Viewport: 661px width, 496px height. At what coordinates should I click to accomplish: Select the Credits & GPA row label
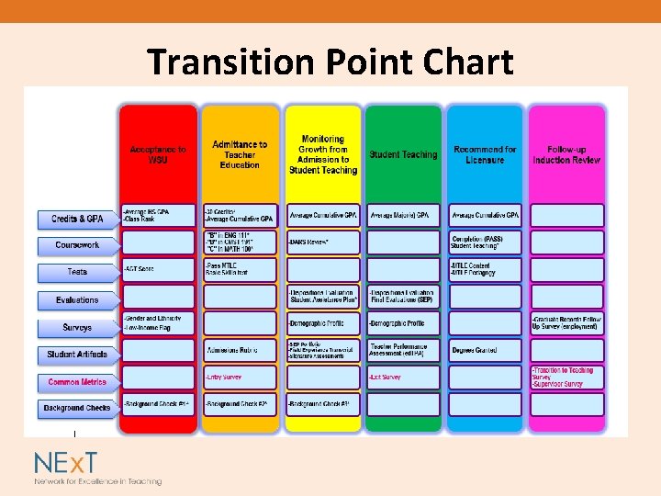click(x=77, y=219)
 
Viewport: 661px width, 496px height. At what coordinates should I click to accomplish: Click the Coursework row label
click(x=77, y=245)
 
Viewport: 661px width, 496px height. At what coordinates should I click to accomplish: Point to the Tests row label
click(x=77, y=272)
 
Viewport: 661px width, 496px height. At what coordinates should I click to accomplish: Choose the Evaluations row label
click(x=77, y=299)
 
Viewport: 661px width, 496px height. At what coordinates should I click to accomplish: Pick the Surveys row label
click(x=77, y=327)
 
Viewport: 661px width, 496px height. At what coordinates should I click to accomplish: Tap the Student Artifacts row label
click(x=77, y=354)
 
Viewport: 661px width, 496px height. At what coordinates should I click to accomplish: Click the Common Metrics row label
click(x=77, y=381)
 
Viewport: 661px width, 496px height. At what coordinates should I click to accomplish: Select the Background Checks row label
click(x=77, y=407)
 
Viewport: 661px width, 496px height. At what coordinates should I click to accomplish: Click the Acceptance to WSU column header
click(x=158, y=154)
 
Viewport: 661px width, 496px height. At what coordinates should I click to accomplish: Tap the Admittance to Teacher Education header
click(x=240, y=154)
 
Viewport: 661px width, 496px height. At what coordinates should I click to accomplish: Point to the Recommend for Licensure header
click(x=485, y=154)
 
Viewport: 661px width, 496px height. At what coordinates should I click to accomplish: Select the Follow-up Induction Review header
click(x=566, y=154)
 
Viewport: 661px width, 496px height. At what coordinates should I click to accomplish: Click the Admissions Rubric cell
click(x=240, y=350)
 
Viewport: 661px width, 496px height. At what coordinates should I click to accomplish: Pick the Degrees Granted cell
click(x=485, y=350)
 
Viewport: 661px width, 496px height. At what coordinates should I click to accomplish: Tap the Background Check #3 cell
click(x=321, y=404)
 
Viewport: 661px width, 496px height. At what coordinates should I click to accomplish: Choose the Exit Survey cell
click(x=403, y=378)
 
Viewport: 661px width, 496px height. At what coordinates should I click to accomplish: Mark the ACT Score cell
click(x=158, y=268)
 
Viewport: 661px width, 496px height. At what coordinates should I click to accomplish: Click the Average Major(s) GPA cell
click(x=403, y=216)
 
